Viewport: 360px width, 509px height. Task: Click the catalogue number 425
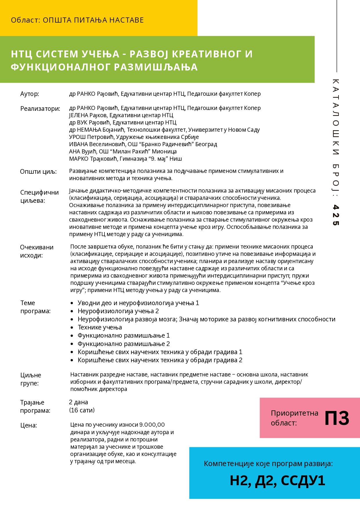(x=336, y=215)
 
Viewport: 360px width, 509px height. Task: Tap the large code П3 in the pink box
(x=337, y=418)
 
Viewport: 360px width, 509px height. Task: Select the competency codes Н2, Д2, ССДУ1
(x=277, y=481)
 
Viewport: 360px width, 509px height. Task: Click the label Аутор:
(x=30, y=94)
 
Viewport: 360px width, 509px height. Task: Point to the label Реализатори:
(x=40, y=109)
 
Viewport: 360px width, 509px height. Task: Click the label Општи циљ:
(x=38, y=172)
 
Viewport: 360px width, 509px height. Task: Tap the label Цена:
(x=29, y=425)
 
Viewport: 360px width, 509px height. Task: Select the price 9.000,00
(x=152, y=425)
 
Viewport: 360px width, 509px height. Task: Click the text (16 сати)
(x=82, y=410)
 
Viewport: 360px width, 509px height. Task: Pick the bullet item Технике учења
(x=100, y=327)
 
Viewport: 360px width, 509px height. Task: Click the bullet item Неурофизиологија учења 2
(x=118, y=311)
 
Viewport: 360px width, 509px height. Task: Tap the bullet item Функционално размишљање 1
(x=124, y=336)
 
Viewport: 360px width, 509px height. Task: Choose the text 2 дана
(x=78, y=402)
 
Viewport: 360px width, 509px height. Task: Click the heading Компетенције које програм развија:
(x=268, y=464)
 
